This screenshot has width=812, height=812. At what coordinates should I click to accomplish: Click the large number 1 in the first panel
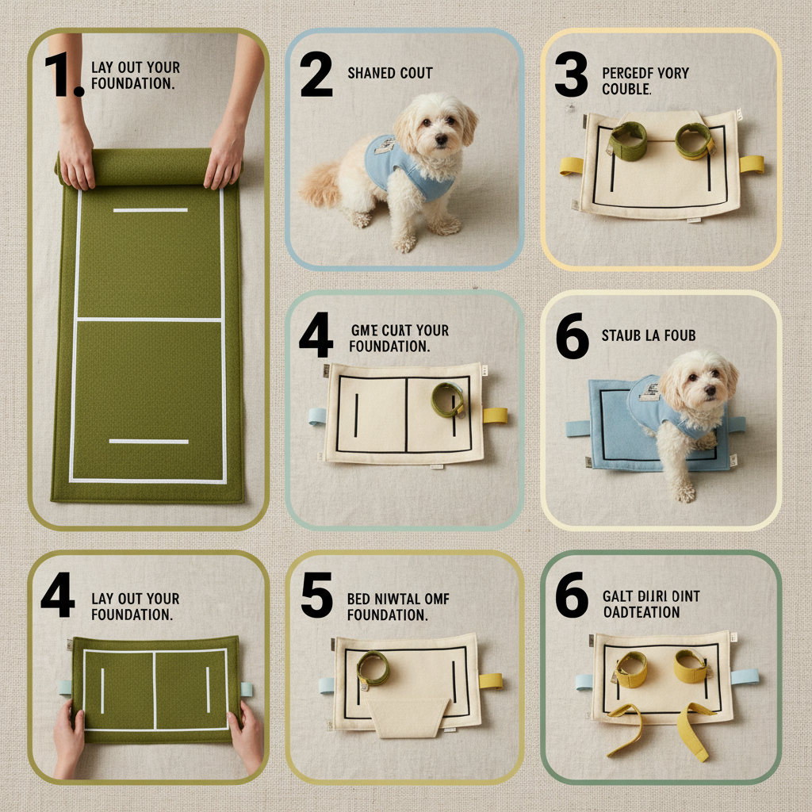click(x=62, y=77)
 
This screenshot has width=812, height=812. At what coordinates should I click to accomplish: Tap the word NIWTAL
click(x=398, y=599)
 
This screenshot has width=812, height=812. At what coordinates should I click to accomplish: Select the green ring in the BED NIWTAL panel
click(x=373, y=668)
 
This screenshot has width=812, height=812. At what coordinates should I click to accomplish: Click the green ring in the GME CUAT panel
click(x=448, y=399)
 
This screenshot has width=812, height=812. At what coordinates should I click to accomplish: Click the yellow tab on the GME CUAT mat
click(x=495, y=415)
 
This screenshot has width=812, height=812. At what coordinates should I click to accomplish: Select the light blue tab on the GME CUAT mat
click(x=317, y=416)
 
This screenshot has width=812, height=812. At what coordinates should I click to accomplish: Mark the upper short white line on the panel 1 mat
click(x=150, y=210)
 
